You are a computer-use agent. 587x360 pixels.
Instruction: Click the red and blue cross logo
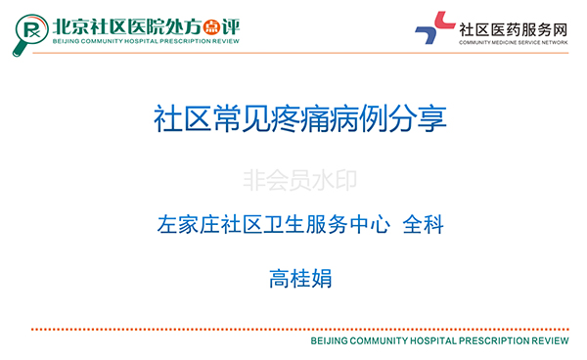tap(434, 29)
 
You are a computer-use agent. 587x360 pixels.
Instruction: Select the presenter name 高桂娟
tap(300, 279)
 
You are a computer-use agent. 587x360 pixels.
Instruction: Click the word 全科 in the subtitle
tap(425, 225)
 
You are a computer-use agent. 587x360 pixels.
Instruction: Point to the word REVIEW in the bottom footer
tap(548, 343)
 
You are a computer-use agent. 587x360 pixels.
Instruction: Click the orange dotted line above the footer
tap(293, 330)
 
